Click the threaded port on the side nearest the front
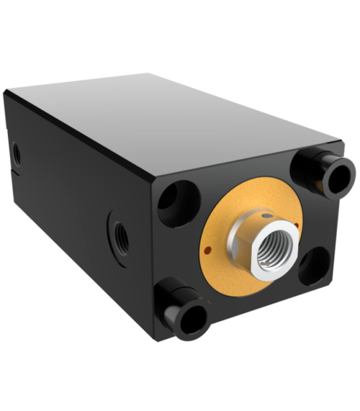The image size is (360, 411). pyautogui.click(x=119, y=238)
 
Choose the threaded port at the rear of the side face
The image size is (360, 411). pyautogui.click(x=16, y=153)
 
